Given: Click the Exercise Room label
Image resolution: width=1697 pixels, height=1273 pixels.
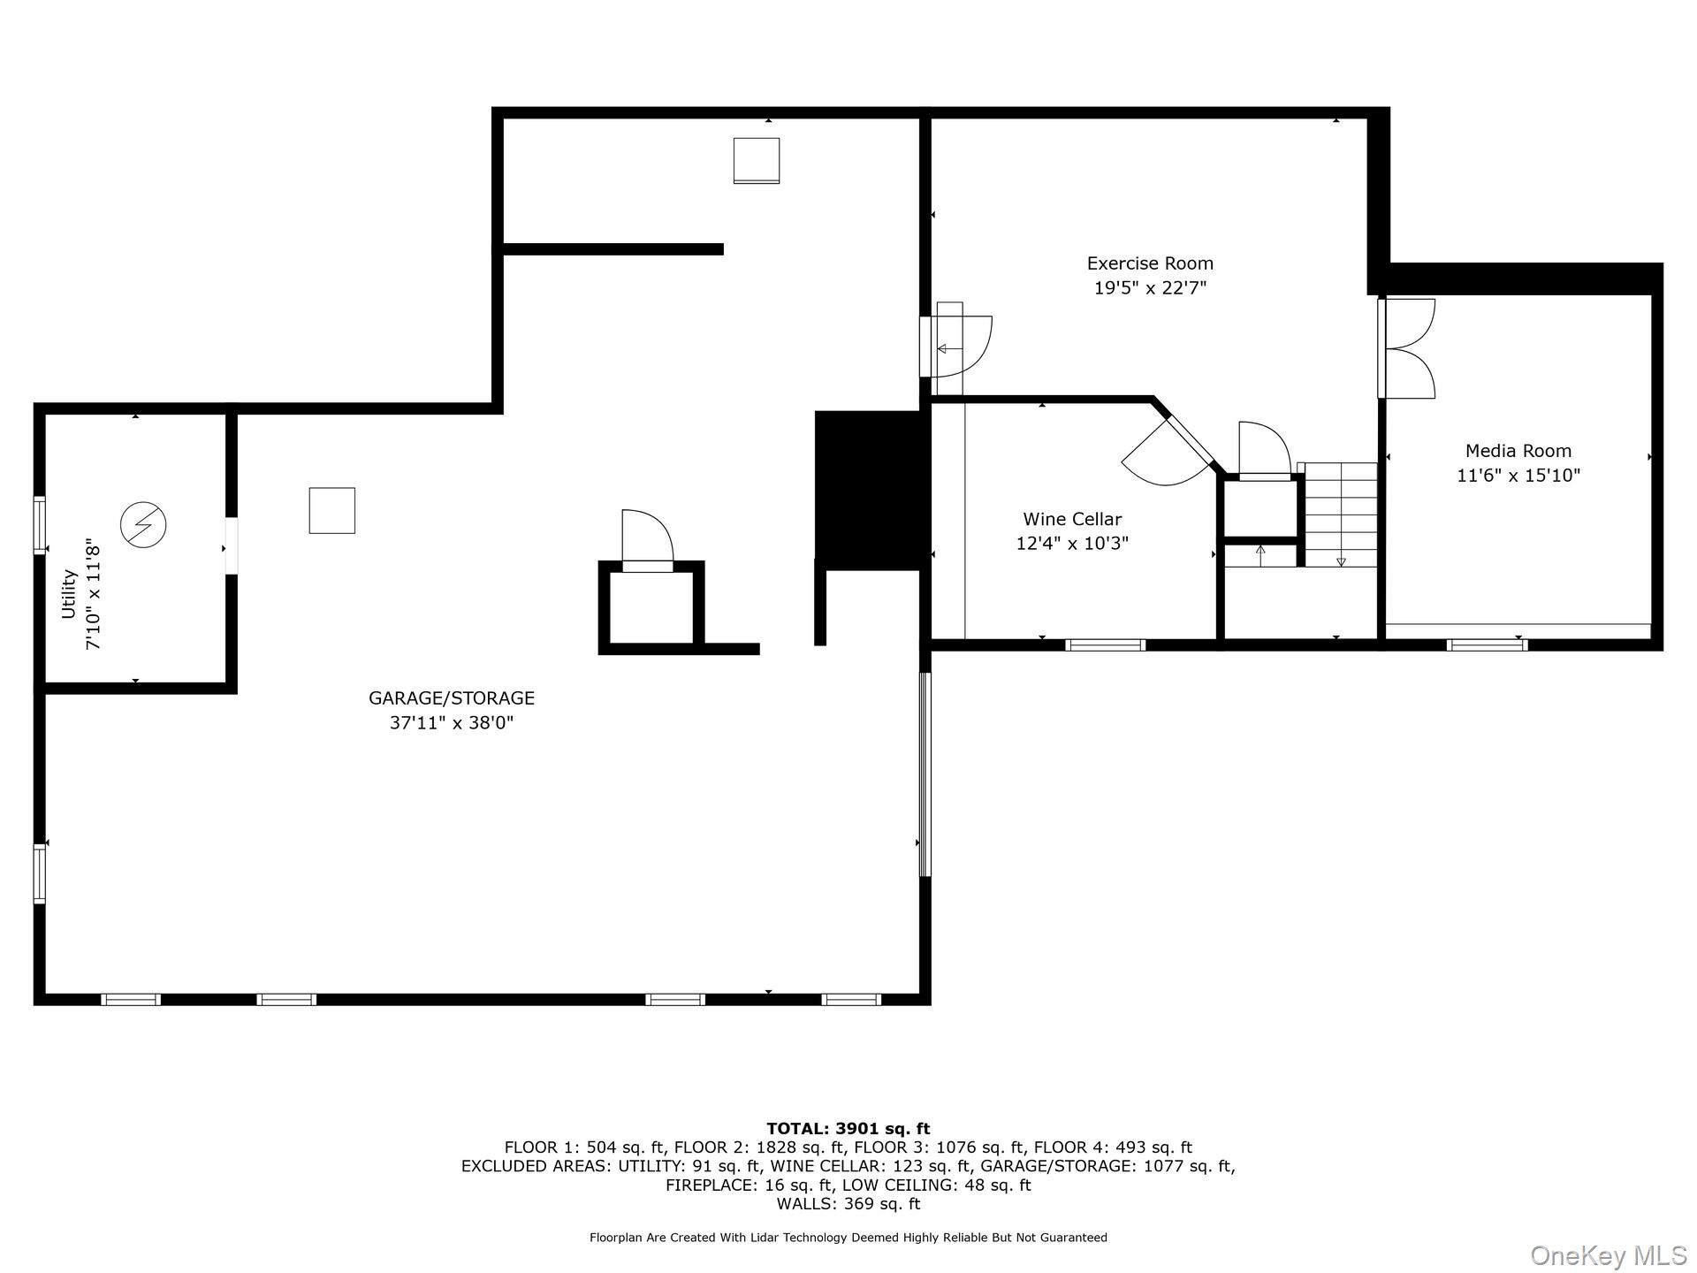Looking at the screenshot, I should point(1149,263).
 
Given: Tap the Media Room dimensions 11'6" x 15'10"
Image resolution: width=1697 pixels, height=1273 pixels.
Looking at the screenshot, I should point(1518,476).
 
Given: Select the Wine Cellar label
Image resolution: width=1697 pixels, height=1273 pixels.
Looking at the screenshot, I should point(1072,519).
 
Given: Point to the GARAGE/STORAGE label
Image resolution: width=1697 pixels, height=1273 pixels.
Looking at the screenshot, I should point(451,698).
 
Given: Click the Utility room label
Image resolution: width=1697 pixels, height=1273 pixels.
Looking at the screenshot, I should point(69,594).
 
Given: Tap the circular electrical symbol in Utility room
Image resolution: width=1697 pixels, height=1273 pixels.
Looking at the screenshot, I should point(143,525).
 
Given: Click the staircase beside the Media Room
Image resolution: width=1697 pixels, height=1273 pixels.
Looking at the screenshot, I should point(1341,515).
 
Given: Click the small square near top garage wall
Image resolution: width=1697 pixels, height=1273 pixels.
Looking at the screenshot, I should point(756,160).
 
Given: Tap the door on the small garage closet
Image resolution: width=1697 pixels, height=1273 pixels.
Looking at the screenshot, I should point(647,539).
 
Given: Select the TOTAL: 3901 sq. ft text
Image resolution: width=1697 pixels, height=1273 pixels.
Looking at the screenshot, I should point(848,1128).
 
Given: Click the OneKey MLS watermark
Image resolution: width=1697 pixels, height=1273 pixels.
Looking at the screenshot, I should point(1608,1255).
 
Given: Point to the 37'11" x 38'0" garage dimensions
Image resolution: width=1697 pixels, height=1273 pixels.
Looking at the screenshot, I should point(451,723).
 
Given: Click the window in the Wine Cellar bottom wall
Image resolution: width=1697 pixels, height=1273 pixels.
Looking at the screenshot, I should point(1105,645).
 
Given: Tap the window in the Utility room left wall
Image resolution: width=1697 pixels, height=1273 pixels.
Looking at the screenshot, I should point(40,525).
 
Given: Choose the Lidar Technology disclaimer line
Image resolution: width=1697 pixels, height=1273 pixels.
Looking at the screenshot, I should point(848,1238).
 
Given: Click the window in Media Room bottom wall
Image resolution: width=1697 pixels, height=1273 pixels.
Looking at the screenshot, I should point(1487,645).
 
